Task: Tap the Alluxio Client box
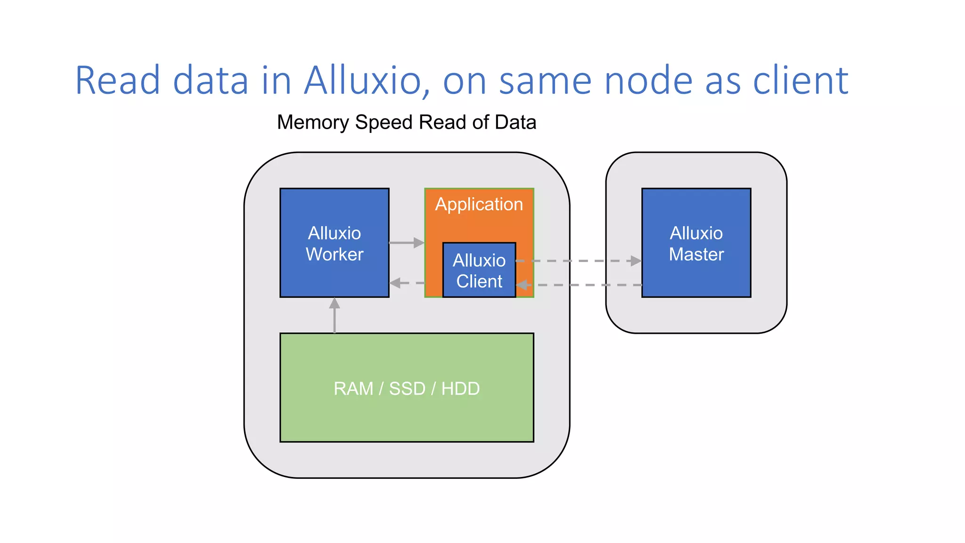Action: coord(479,271)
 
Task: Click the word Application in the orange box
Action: coord(479,204)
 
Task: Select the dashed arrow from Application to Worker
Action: coord(406,283)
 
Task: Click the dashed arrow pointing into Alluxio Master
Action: coord(580,261)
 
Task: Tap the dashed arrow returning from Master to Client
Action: coord(580,285)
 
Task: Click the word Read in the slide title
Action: coord(118,81)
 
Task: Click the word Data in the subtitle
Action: coord(515,123)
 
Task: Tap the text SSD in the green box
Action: coord(407,389)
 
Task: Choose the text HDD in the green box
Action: coord(460,389)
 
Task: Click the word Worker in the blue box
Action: coord(334,255)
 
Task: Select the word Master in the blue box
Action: coord(696,255)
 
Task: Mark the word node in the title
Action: coord(648,81)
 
